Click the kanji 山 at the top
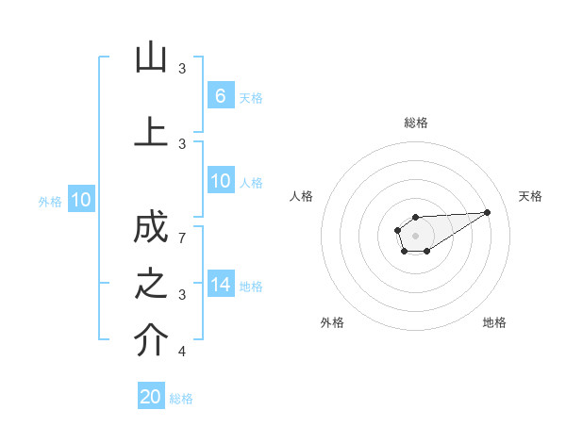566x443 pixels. (151, 58)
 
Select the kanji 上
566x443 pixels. (151, 132)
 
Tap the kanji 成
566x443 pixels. (151, 229)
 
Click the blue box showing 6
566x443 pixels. (220, 95)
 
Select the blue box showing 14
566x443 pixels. (220, 285)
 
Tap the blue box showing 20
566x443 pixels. (151, 397)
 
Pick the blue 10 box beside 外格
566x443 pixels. (81, 200)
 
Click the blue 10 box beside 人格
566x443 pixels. (220, 182)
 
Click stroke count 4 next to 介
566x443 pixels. (182, 352)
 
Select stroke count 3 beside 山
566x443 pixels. (182, 68)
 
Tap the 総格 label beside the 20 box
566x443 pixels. (181, 399)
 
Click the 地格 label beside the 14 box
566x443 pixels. (251, 286)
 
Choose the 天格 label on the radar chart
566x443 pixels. (530, 196)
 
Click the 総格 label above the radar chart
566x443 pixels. (415, 123)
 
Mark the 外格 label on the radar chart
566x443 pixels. (332, 322)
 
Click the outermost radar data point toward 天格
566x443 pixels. (488, 211)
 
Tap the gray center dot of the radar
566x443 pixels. (415, 235)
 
